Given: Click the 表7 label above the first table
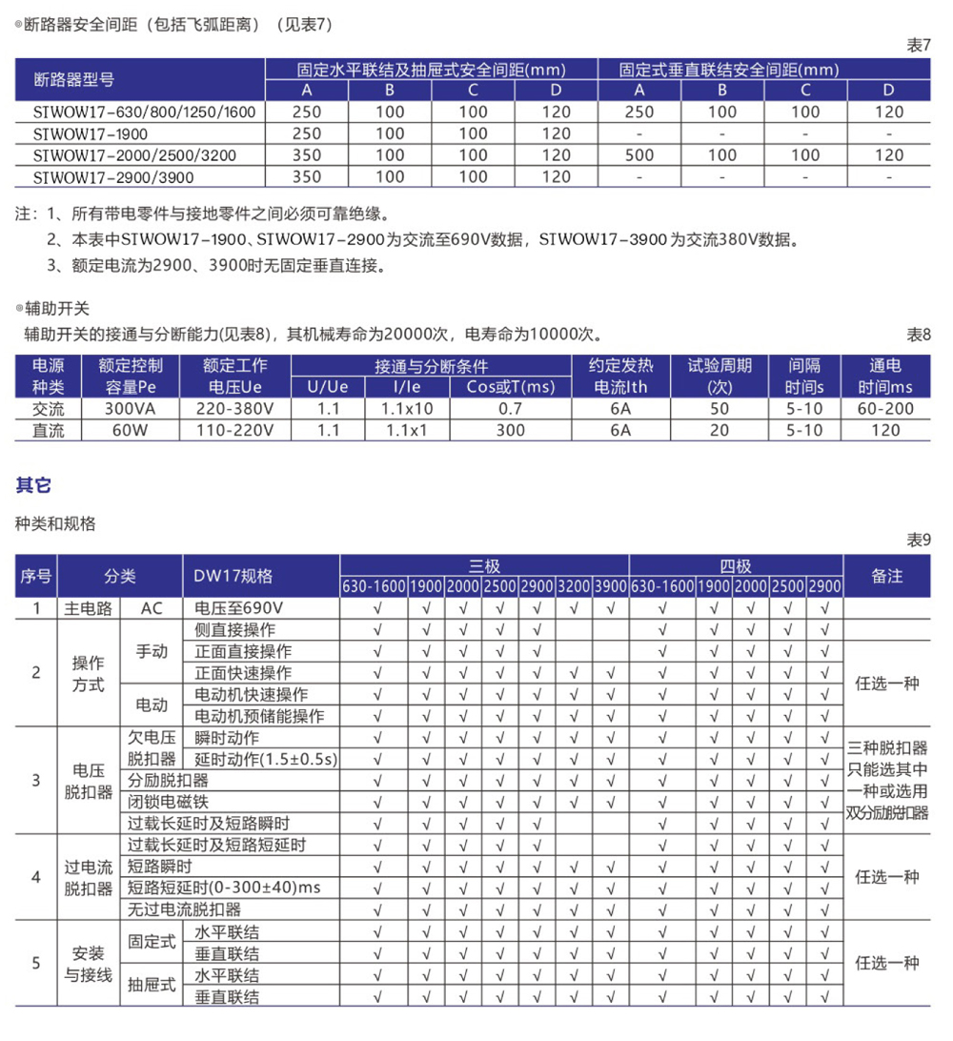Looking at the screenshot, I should point(919,46).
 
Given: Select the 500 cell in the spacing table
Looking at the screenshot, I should point(639,155).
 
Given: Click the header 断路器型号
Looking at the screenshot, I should point(73,80).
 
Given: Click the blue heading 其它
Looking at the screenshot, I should point(34,485).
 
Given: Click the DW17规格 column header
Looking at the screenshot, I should point(233,576).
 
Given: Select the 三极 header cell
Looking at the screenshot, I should point(484,565).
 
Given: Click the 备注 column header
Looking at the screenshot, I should point(886,576).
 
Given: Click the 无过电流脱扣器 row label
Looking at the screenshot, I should point(185,909).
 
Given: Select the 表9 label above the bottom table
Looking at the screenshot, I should point(919,541).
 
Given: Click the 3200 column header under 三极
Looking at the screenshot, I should point(574,585).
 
